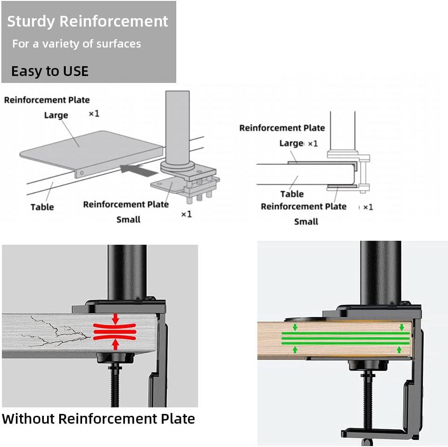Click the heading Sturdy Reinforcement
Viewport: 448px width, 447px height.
click(88, 21)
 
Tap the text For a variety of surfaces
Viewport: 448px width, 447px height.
click(76, 44)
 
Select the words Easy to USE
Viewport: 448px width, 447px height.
click(49, 71)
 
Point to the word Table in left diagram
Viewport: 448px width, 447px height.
click(42, 207)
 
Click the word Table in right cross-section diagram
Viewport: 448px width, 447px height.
click(292, 194)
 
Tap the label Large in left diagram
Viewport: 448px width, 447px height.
click(56, 115)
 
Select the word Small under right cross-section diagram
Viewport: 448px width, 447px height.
click(306, 221)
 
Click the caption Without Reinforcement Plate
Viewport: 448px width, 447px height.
click(98, 419)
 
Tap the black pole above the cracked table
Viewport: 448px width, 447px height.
click(127, 273)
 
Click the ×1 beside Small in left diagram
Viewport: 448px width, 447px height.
click(186, 214)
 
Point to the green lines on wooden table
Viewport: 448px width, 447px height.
click(345, 338)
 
